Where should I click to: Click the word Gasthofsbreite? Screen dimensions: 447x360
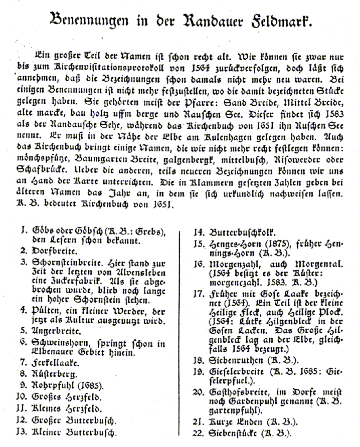click(237, 391)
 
